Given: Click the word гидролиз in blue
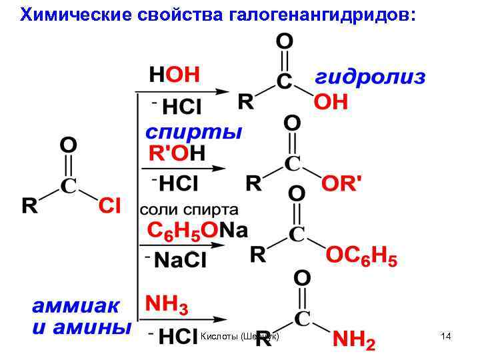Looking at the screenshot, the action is click(369, 77).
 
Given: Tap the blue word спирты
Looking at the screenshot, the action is click(193, 131).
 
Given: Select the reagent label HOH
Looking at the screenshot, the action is click(174, 74).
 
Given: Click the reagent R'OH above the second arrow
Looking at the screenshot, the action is click(177, 153).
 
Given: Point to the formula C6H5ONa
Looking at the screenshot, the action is click(197, 231).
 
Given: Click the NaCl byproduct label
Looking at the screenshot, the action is click(180, 260).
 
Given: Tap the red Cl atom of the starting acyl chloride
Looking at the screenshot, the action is click(109, 206).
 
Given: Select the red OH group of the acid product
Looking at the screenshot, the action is click(331, 102).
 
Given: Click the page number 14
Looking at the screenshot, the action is click(446, 337).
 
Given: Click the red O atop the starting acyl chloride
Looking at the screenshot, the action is click(68, 145).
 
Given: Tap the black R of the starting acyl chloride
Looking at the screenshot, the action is click(29, 206).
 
